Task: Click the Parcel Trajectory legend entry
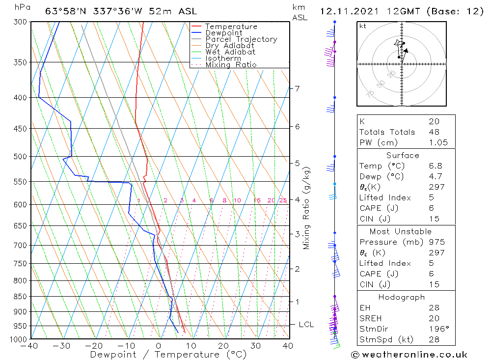tap(241, 39)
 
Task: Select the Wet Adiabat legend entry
tap(230, 52)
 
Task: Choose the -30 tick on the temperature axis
tap(62, 346)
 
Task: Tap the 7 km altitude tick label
tap(297, 88)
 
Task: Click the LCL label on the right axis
tap(306, 325)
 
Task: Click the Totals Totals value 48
tap(434, 132)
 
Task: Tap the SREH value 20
tap(434, 318)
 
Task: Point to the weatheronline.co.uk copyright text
tap(409, 355)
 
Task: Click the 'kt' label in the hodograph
tap(363, 26)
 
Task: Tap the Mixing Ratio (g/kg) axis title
tap(307, 208)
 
